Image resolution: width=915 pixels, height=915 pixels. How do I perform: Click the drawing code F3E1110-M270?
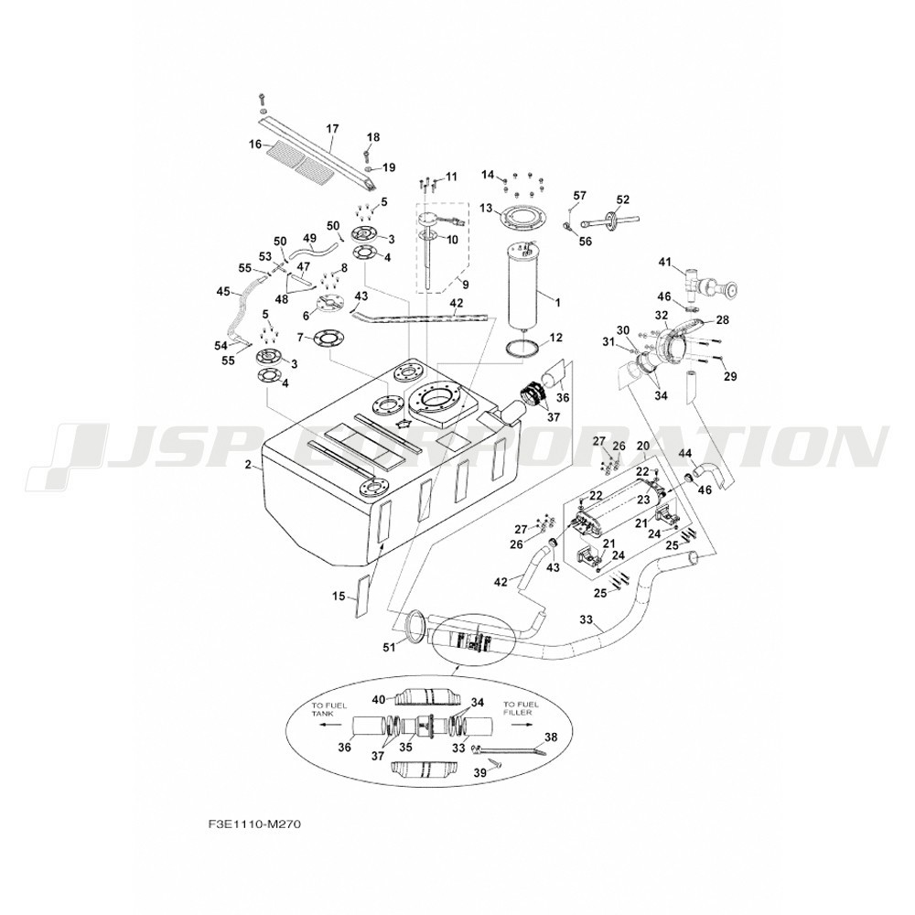(253, 825)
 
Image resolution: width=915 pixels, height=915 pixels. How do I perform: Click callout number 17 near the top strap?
(332, 128)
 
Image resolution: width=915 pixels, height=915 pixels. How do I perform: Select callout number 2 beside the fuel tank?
(248, 465)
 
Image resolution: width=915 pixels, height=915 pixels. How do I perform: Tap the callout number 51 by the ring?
(389, 647)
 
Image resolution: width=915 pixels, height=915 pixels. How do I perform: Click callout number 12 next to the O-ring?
(555, 338)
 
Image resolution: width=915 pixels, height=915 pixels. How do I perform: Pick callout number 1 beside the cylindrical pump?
(557, 303)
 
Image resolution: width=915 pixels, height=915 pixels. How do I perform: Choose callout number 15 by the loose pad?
(339, 597)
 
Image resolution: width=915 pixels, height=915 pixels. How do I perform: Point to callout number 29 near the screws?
(730, 377)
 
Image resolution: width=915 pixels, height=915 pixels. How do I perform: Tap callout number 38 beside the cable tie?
(551, 737)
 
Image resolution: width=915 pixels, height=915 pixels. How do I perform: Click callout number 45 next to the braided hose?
(223, 291)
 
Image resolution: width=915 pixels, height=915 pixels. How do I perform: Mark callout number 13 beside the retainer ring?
(487, 209)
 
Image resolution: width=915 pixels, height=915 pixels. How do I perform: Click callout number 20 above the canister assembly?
(642, 446)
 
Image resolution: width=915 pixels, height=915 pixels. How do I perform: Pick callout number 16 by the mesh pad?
(255, 145)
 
